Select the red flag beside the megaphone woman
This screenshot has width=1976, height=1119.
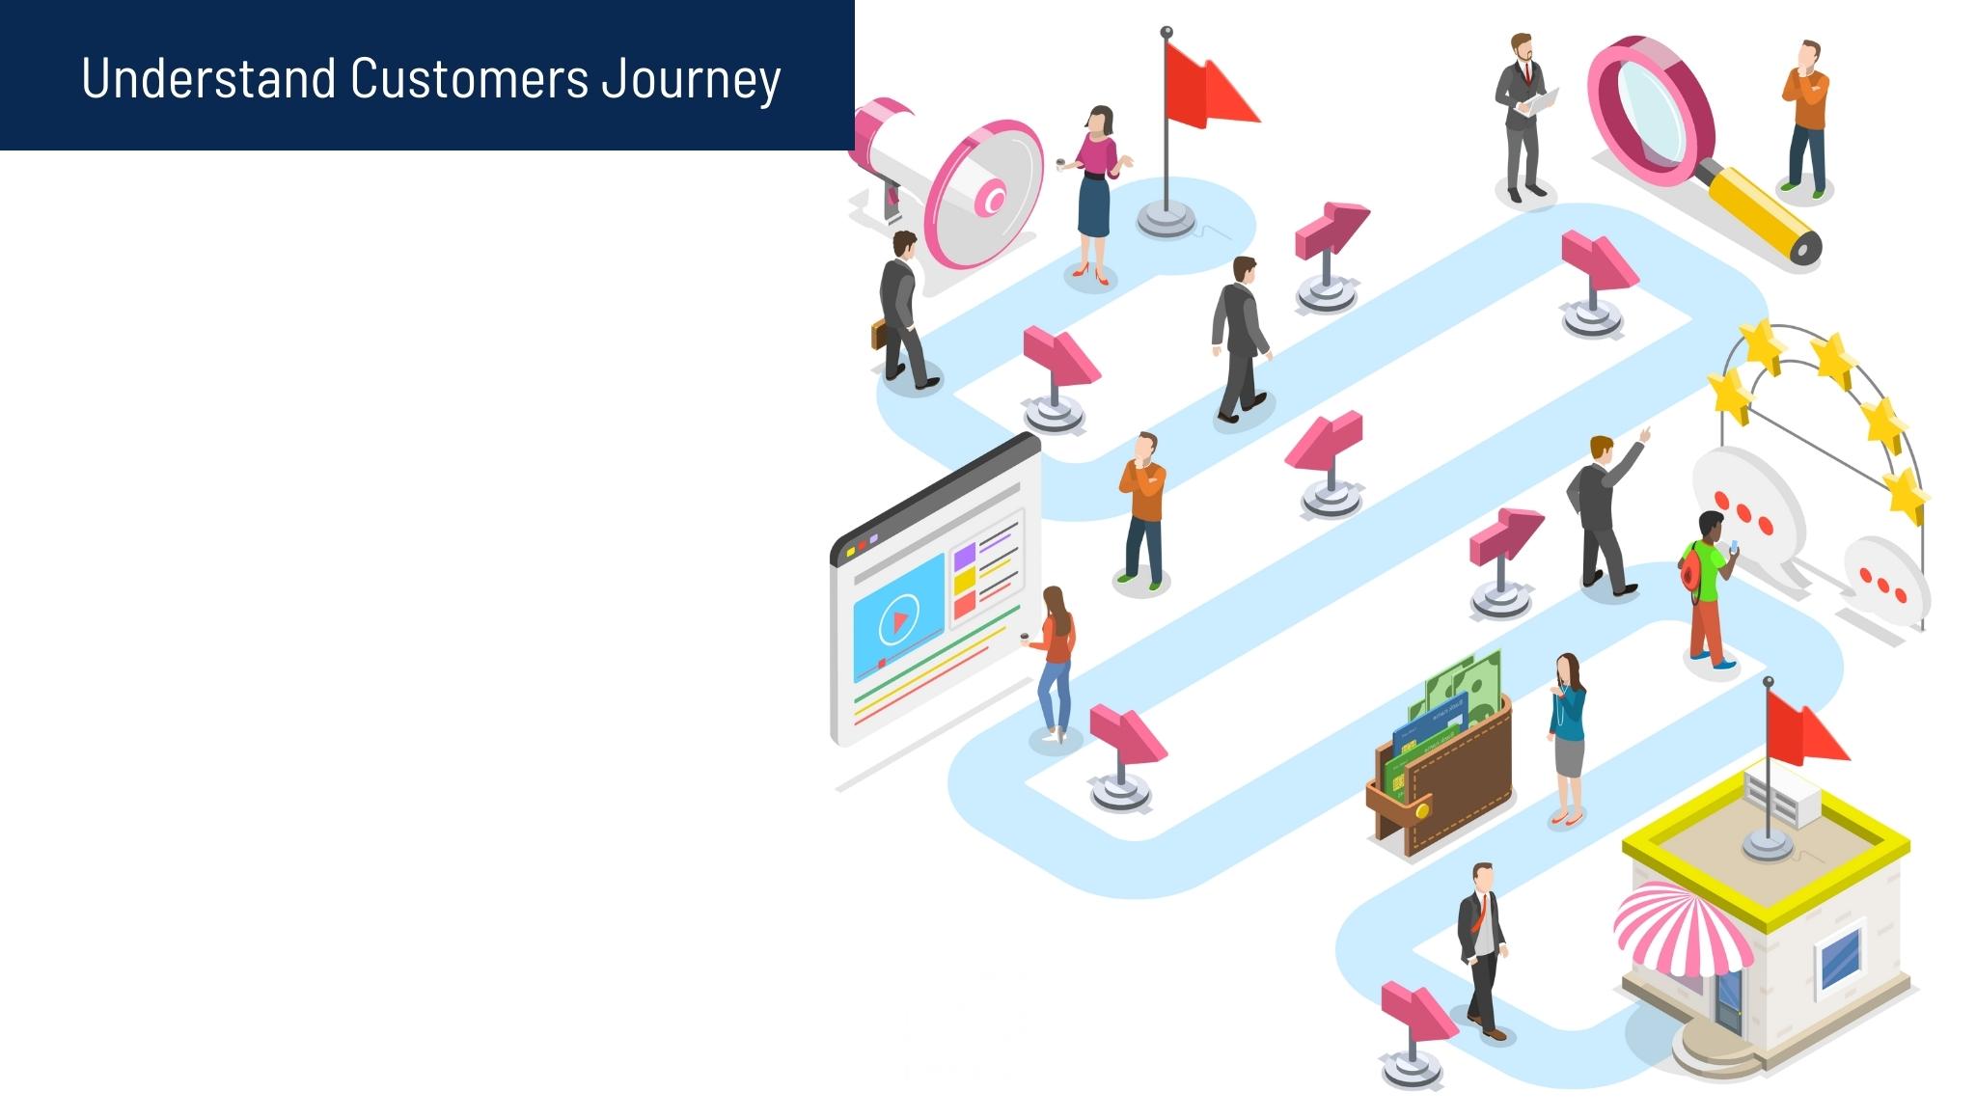(x=1210, y=84)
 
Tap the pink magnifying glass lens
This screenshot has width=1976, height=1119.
(x=1653, y=105)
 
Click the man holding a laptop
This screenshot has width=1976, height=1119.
(x=1523, y=118)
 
